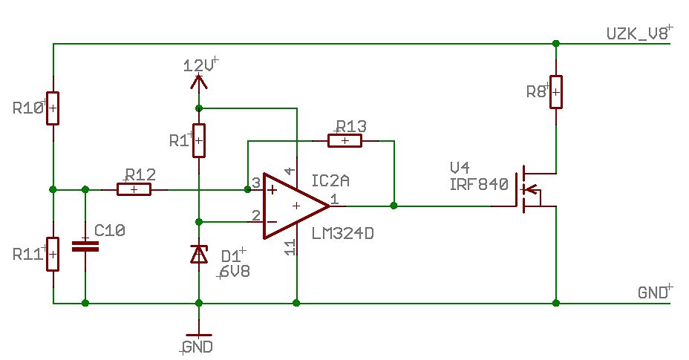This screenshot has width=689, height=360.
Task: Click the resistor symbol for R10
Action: coord(53,108)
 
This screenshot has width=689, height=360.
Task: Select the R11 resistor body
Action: coord(53,254)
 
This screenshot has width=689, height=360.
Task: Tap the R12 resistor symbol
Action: coord(134,189)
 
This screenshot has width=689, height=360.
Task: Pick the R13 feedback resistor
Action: coord(345,140)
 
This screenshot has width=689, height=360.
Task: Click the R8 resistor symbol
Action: coord(556,92)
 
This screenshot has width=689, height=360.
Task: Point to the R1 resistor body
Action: coord(199,140)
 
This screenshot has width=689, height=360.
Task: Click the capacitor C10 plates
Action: coord(85,246)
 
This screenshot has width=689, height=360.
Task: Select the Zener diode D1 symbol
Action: coord(199,255)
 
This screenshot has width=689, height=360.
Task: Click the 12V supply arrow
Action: coord(199,82)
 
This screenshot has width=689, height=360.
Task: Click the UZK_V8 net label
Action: coord(638,34)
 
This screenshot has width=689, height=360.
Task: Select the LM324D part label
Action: coord(343,233)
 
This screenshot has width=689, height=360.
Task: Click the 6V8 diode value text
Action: coord(235,272)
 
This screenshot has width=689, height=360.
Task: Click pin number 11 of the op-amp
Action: coord(290,248)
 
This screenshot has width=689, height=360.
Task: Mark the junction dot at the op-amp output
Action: coord(394,206)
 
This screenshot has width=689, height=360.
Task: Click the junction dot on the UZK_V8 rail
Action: coord(556,44)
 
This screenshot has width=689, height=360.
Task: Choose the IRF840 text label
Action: coord(479,184)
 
